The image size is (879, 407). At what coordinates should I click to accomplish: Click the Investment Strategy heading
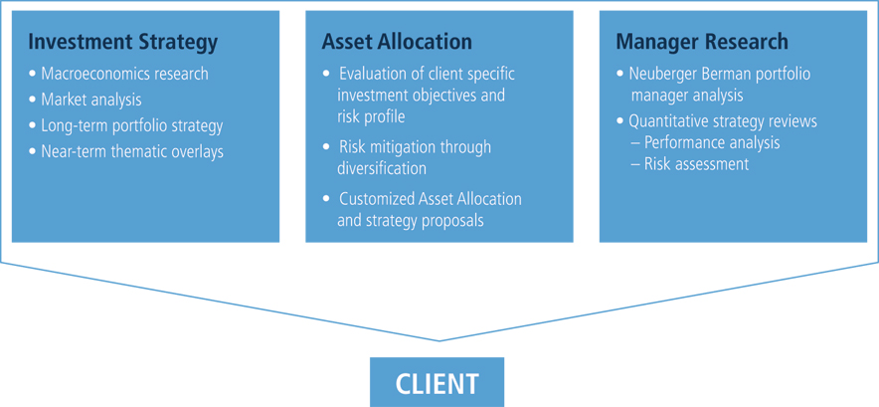[x=122, y=43]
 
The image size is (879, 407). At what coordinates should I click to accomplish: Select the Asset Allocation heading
[x=397, y=42]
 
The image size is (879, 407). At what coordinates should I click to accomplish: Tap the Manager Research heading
[x=702, y=43]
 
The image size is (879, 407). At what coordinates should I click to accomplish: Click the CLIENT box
[x=437, y=382]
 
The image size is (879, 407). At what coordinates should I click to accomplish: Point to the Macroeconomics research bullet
[x=119, y=74]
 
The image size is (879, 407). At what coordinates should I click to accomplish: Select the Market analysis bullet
[x=86, y=100]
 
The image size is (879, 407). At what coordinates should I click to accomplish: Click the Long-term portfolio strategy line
[x=126, y=125]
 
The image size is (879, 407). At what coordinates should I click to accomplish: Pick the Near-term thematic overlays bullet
[x=126, y=151]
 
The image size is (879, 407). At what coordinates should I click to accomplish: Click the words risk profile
[x=371, y=116]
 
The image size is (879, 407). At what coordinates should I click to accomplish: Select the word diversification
[x=381, y=168]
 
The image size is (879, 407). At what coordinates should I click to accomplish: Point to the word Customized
[x=379, y=199]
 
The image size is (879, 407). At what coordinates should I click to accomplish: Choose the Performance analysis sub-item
[x=705, y=142]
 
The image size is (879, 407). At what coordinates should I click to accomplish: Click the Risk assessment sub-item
[x=689, y=164]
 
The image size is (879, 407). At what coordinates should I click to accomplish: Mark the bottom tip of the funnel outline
[x=439, y=340]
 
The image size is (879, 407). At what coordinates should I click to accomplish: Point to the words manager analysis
[x=687, y=96]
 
